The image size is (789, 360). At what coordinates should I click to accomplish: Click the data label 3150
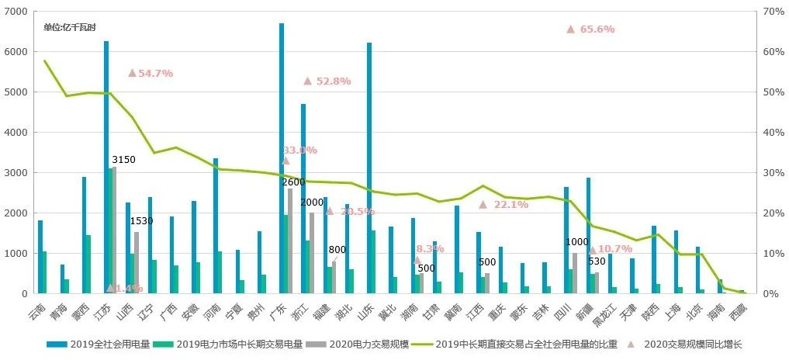(123, 160)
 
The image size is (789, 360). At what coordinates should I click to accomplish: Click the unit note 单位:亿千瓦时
(70, 27)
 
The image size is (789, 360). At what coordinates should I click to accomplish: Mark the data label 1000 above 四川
(576, 242)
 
